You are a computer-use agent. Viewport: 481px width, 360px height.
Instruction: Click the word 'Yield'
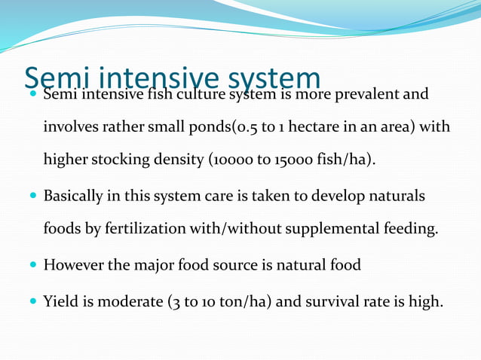(x=60, y=302)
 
